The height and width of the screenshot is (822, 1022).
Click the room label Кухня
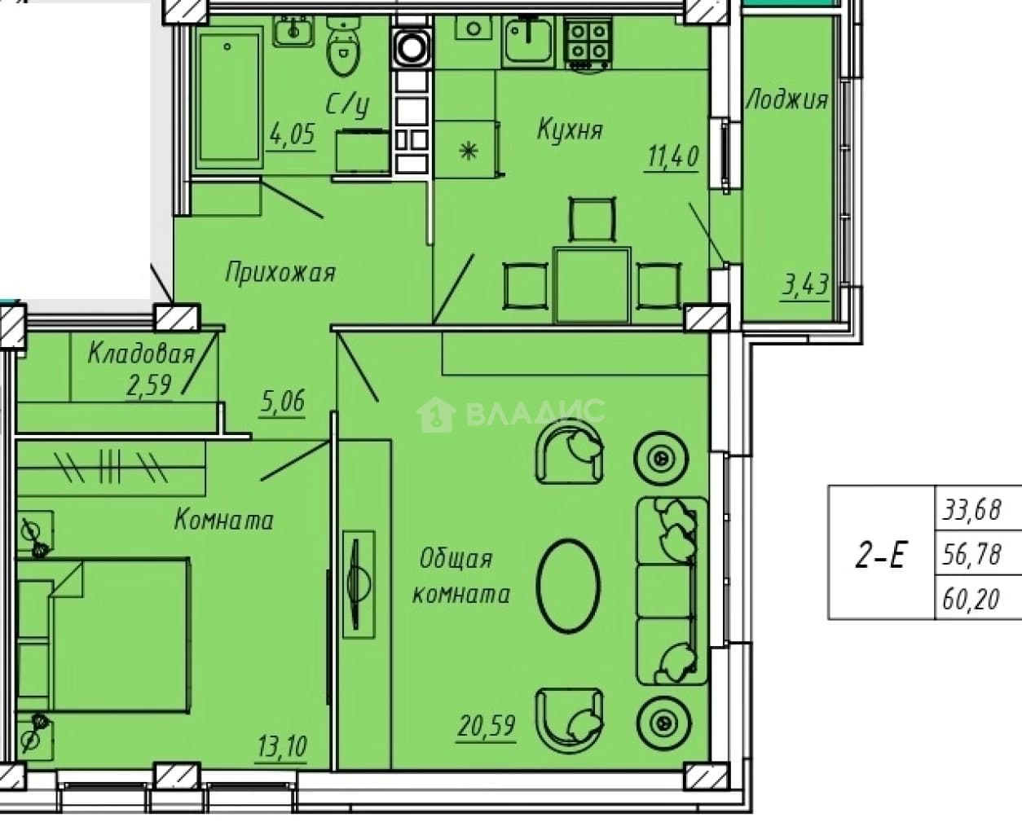tap(570, 129)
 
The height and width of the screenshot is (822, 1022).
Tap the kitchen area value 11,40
tap(672, 156)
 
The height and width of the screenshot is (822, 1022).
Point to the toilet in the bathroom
tap(344, 46)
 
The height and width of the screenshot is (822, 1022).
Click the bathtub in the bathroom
tap(229, 98)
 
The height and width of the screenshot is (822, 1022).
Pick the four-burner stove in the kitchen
tap(588, 44)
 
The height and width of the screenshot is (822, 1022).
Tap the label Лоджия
tap(787, 100)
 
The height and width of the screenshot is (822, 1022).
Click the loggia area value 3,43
tap(805, 286)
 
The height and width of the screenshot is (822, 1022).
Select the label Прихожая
tap(280, 273)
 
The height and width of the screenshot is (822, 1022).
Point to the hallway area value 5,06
tap(282, 402)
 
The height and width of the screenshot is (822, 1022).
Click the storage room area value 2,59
tap(148, 385)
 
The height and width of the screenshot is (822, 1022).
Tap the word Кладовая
tap(141, 354)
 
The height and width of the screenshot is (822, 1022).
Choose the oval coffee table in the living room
tap(568, 586)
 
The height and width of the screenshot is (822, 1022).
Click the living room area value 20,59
tap(487, 726)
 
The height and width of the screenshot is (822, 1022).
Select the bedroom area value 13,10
tap(282, 747)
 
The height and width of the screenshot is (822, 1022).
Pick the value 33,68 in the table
tap(971, 510)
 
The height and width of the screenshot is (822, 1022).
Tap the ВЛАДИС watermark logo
tap(511, 414)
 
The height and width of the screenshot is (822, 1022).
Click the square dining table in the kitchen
tap(592, 285)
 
